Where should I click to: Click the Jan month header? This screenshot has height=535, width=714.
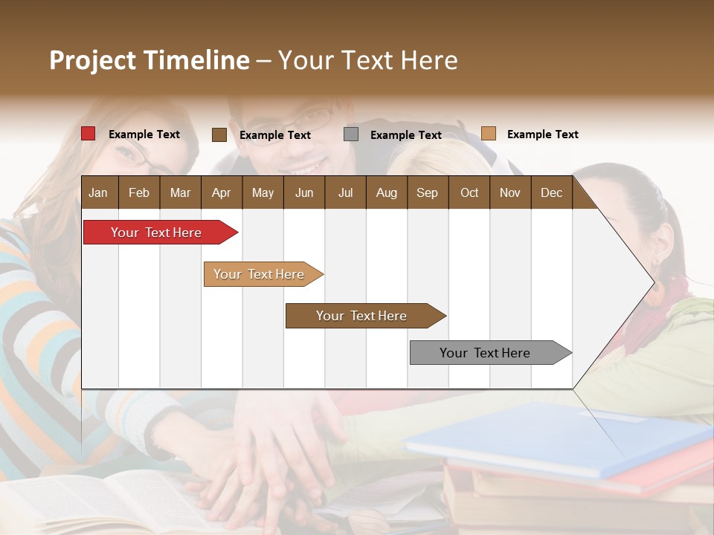coord(98,192)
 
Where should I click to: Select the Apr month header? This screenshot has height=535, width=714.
coord(221,192)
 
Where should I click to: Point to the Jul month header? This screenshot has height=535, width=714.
coord(345,192)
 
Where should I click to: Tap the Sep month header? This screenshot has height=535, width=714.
coord(427,192)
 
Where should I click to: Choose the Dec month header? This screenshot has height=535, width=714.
coord(551,192)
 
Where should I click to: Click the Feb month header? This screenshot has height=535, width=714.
coord(139,192)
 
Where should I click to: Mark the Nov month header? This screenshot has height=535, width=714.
coord(509,192)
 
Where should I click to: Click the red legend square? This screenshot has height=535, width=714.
coord(88,134)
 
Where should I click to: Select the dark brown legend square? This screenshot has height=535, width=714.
coord(219,134)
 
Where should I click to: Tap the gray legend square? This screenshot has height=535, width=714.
coord(351,134)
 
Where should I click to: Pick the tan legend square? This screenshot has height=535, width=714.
coord(488,134)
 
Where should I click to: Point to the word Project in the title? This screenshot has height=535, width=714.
coord(92,60)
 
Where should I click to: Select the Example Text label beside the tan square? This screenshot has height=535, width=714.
coord(542,134)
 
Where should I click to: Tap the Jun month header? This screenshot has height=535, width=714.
coord(303,192)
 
